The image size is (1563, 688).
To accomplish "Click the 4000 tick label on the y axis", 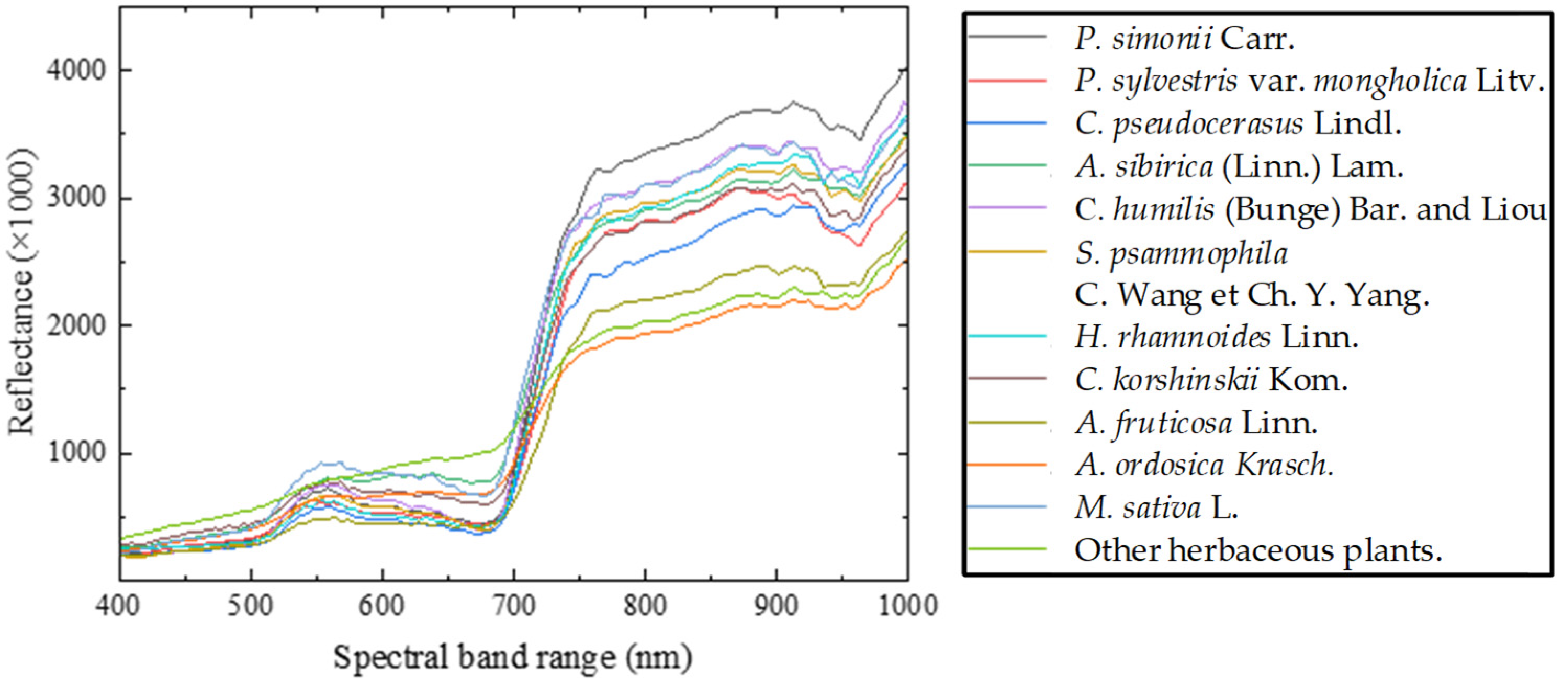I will pos(76,71).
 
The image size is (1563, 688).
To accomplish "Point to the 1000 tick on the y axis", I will pos(76,452).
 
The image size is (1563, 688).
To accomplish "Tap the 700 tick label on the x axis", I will pos(513,605).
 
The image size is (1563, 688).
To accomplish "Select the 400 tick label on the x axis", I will pos(118,605).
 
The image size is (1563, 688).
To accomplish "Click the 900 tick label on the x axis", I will pos(776,605).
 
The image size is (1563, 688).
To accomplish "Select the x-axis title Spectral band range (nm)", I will pos(513,658).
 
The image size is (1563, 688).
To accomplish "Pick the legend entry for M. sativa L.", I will pos(1156,507).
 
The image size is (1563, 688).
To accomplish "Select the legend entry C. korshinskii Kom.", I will pos(1211,380).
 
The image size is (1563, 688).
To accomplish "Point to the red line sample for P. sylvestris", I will pos(1007,81).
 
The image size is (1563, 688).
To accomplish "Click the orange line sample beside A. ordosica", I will pos(1007,465).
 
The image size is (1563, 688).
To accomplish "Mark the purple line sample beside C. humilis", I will pos(1007,208).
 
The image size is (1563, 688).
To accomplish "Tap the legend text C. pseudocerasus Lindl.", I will pos(1238,124).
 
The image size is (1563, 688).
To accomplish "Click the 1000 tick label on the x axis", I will pos(908,605).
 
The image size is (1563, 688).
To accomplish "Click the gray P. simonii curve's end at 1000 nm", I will pos(906,69).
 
